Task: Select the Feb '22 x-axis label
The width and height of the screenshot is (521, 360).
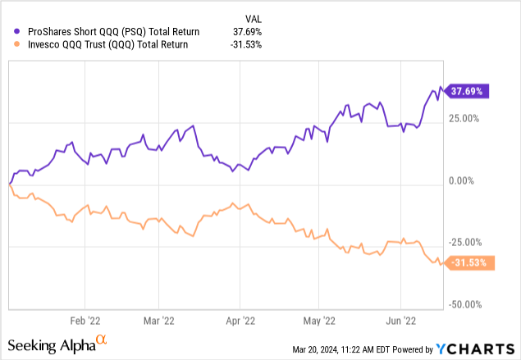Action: pos(85,321)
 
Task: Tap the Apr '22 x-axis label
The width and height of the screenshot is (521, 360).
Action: pos(239,321)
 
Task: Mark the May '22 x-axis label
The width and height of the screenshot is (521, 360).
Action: pos(318,321)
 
